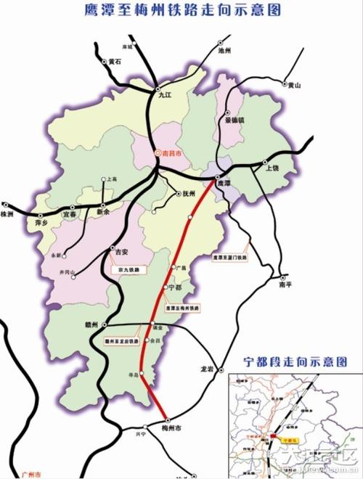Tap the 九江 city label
pyautogui.click(x=163, y=94)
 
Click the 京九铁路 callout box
pyautogui.click(x=126, y=269)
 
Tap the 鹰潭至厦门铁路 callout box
pyautogui.click(x=229, y=258)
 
